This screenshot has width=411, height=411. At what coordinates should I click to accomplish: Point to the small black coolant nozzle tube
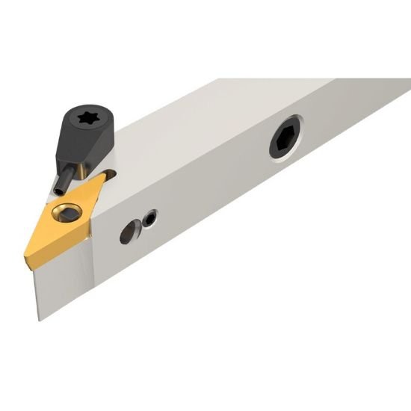click(67, 177)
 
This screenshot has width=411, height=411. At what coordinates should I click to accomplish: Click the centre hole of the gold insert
click(65, 213)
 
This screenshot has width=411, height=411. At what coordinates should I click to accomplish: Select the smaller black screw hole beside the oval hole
click(151, 218)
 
